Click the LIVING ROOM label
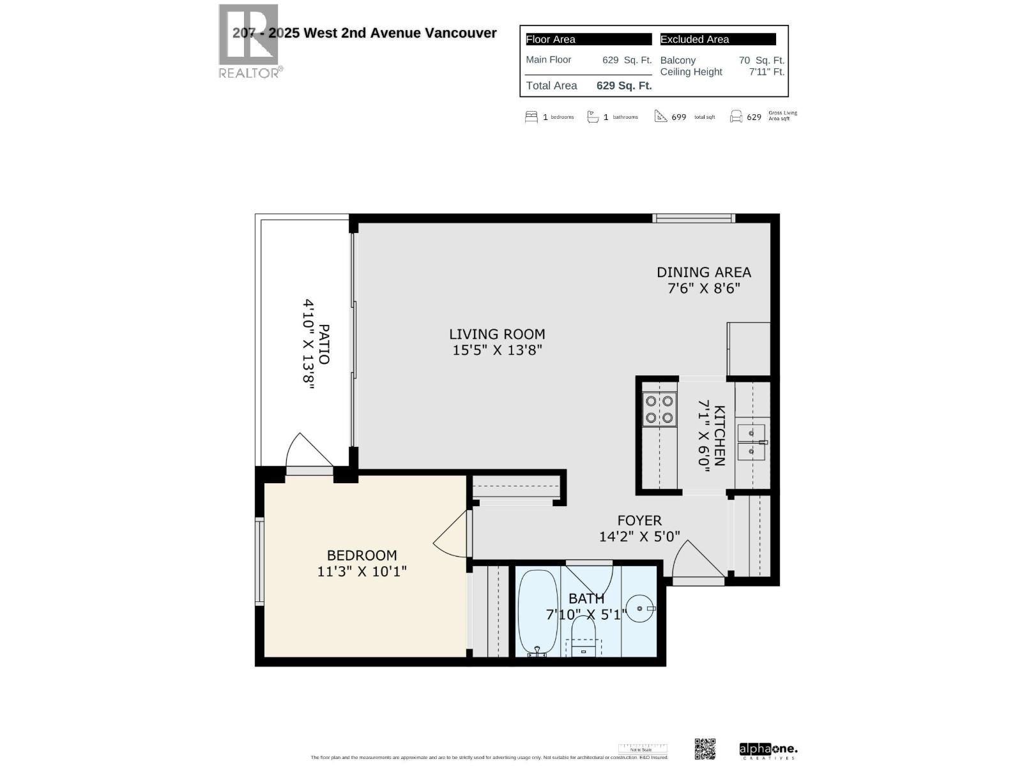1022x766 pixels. pos(497,334)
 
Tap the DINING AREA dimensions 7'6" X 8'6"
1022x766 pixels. pos(704,289)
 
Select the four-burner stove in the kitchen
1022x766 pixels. pos(659,410)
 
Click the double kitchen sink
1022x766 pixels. pos(751,442)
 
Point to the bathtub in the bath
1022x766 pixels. pos(537,612)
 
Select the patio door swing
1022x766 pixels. pos(307,451)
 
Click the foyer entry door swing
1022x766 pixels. pos(696,560)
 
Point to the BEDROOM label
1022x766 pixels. pos(362,555)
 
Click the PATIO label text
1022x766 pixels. pos(324,344)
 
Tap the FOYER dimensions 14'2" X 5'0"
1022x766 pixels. pos(639,537)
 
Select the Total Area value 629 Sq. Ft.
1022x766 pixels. pos(624,86)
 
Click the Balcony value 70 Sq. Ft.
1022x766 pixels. pos(761,60)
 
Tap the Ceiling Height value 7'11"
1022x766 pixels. pos(766,72)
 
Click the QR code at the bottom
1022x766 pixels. pos(705,749)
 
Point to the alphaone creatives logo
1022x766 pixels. pos(768,750)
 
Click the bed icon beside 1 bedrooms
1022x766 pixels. pos(531,117)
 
